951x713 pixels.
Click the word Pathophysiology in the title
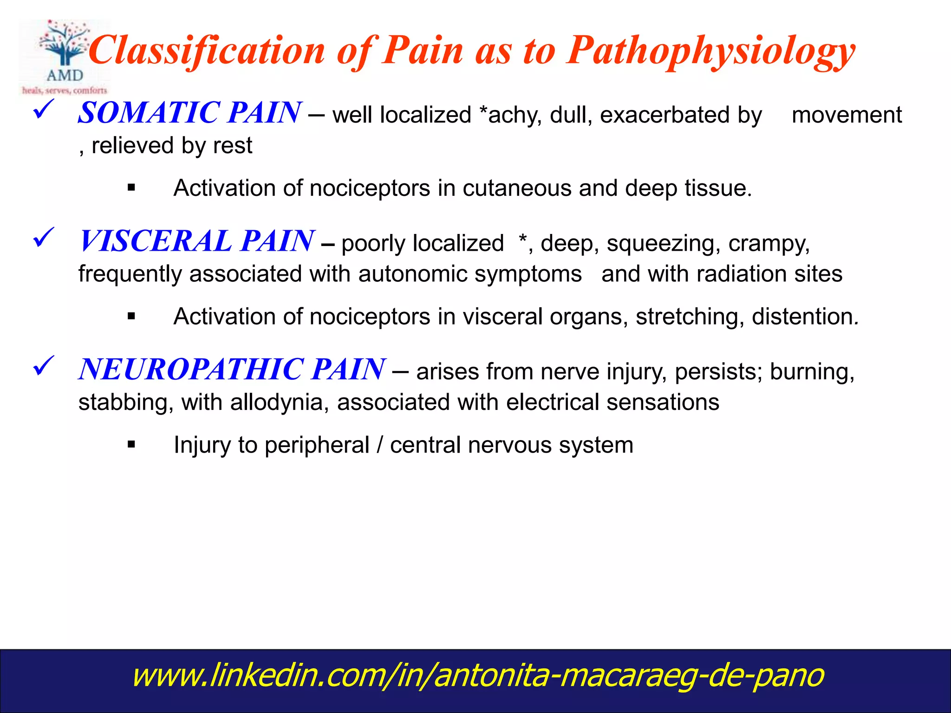pos(711,51)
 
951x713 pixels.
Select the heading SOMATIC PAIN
pos(189,113)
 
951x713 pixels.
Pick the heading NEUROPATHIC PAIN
pos(232,369)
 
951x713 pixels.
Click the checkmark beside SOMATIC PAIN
pos(44,110)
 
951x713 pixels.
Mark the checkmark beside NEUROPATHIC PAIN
pos(44,366)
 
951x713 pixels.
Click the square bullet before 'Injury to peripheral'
pos(131,445)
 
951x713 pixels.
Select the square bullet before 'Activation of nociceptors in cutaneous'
pos(131,188)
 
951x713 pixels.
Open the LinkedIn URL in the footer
pos(478,675)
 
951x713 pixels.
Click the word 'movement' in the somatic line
pos(847,115)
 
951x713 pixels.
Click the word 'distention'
pos(804,317)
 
